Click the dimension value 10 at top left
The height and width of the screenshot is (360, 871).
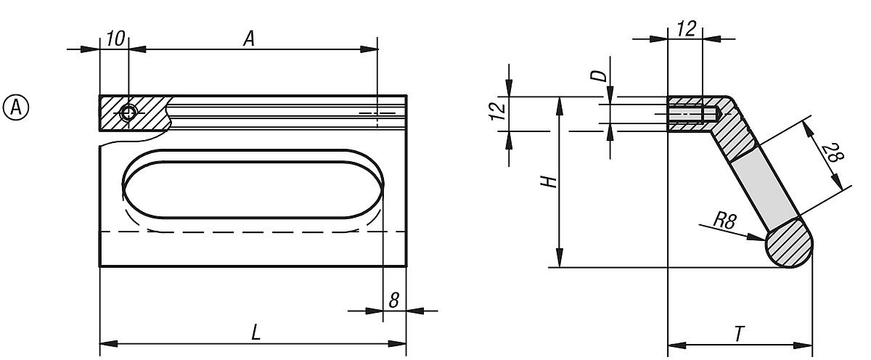click(115, 39)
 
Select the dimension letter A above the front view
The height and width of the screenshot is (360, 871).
click(248, 39)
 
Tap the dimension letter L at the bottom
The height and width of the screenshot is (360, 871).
click(255, 332)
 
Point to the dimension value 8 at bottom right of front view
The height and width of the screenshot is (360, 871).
click(393, 300)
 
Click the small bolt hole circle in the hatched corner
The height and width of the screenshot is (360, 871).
click(128, 113)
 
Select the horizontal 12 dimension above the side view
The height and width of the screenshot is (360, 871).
click(685, 28)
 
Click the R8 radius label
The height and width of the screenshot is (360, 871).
click(724, 221)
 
